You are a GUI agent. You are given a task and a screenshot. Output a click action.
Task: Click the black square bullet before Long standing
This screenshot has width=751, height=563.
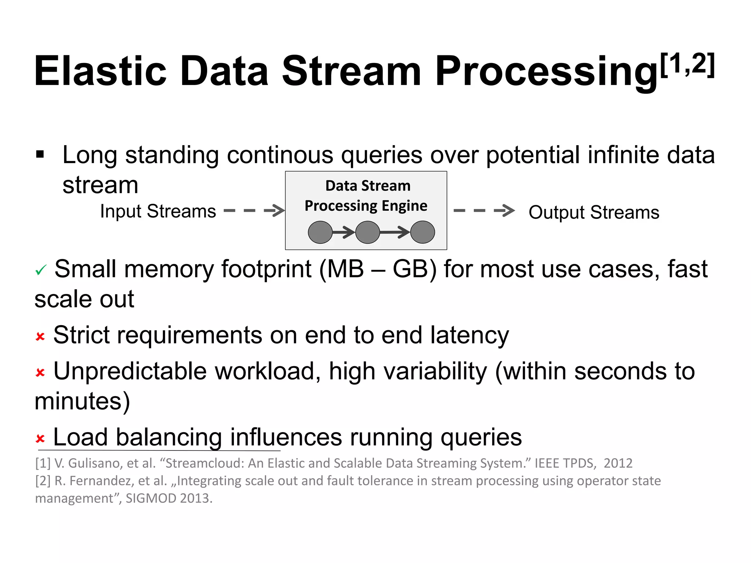pos(40,154)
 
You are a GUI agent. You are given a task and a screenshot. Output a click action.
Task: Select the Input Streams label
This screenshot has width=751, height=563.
pos(158,211)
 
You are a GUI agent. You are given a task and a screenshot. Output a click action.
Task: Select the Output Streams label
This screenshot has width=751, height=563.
pos(594,212)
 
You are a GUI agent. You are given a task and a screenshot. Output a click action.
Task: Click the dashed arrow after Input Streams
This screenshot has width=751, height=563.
pos(254,210)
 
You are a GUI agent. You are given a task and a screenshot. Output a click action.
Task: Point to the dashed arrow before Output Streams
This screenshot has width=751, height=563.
pos(484,210)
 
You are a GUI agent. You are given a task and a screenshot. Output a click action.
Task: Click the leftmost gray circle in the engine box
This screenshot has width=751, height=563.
pos(320,232)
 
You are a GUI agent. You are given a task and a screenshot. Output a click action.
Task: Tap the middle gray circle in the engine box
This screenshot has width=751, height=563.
pos(367,232)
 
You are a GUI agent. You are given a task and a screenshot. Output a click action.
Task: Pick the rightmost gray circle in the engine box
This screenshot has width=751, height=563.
pos(422,232)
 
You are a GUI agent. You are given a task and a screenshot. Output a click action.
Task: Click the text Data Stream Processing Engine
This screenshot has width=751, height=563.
pos(366,196)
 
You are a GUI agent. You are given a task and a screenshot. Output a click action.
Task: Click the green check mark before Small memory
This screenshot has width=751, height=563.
pos(40,271)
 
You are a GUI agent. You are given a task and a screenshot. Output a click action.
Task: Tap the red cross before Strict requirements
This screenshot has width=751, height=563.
pos(40,336)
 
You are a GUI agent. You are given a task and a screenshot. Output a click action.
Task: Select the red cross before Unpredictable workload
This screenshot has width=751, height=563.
pos(40,373)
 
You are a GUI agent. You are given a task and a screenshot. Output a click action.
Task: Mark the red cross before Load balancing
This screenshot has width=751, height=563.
pos(40,438)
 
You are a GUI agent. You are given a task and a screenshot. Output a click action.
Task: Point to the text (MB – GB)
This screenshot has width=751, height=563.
pos(378,269)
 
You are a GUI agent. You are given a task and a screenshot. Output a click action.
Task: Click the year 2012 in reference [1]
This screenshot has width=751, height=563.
pos(618,463)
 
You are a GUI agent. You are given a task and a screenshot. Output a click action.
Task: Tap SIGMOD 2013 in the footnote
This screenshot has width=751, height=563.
pos(169,498)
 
